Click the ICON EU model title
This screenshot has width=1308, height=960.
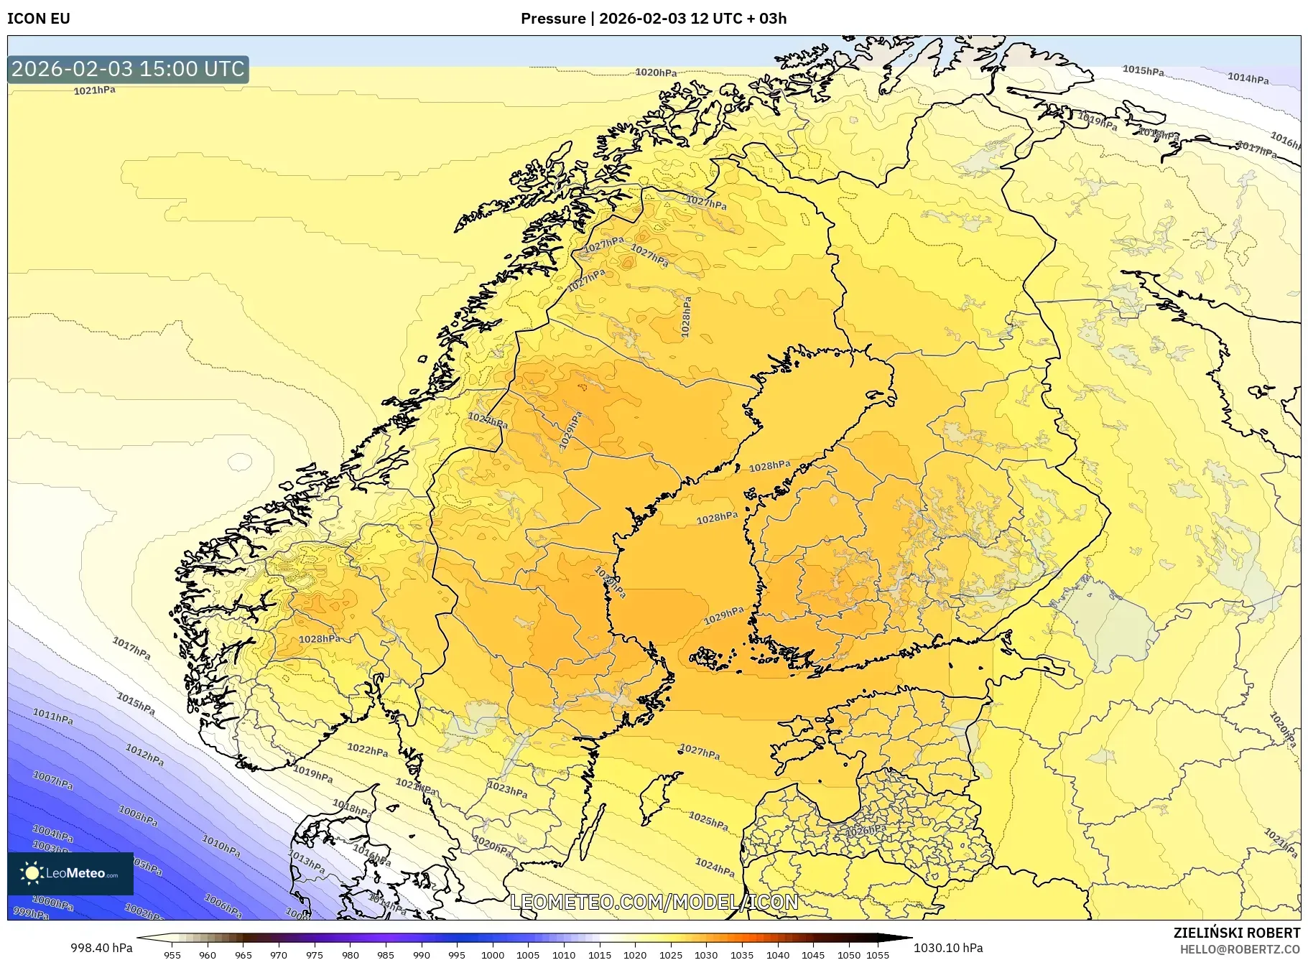(39, 19)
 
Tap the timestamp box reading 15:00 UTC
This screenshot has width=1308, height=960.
(128, 69)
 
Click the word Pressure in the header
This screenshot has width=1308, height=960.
(552, 19)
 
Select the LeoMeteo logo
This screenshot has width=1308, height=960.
(70, 873)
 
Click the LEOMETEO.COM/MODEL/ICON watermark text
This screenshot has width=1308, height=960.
(654, 902)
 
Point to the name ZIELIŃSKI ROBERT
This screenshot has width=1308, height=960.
(1236, 933)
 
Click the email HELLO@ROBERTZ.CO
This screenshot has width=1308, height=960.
(1240, 949)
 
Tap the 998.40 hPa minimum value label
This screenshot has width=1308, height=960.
(101, 948)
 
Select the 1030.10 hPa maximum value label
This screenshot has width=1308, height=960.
(948, 948)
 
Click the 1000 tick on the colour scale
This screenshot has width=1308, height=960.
(493, 955)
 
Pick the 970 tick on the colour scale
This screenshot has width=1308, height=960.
(279, 955)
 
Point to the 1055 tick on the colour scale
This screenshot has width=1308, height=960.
(878, 955)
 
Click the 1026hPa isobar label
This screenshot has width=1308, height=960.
(866, 831)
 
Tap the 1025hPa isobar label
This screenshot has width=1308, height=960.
(708, 819)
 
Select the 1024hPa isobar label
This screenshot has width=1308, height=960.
(715, 867)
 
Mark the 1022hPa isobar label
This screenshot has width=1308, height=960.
(367, 750)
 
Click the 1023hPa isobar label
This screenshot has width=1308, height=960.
(507, 789)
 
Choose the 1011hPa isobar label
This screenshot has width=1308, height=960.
(52, 716)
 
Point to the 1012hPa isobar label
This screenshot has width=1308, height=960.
(144, 755)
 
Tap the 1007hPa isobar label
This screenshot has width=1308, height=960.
(52, 780)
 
